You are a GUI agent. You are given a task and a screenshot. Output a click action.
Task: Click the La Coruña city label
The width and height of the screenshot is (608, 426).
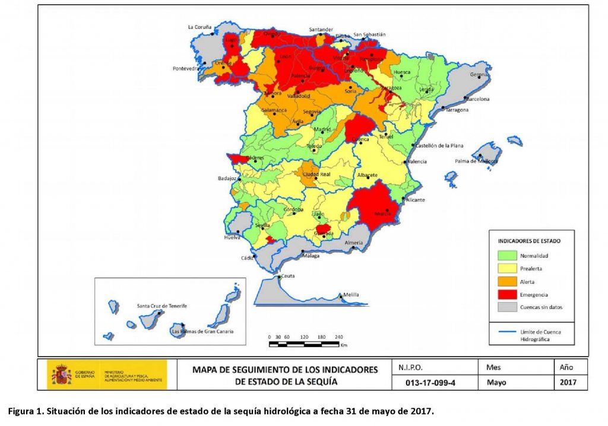click(x=199, y=27)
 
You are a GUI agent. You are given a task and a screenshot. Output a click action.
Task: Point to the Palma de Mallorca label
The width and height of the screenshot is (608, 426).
click(x=476, y=161)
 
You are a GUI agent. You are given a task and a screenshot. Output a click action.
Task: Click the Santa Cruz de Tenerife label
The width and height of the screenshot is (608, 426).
click(x=161, y=306)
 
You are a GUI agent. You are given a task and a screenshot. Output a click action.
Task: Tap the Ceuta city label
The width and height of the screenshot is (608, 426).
click(x=288, y=276)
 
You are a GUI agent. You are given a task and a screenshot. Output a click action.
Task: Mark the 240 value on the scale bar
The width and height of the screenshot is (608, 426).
click(x=339, y=336)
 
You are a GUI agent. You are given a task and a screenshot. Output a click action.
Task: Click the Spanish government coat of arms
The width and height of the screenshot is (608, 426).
click(x=61, y=376)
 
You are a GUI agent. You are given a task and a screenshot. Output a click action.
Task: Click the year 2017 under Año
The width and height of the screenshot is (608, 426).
click(x=569, y=383)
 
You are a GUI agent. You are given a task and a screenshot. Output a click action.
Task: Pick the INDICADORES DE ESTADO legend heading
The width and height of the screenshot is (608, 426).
click(x=528, y=241)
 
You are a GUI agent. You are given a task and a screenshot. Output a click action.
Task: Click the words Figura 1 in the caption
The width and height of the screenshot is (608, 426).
click(x=25, y=411)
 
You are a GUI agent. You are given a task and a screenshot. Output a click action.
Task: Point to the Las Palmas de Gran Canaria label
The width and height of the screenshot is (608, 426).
click(x=202, y=331)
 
